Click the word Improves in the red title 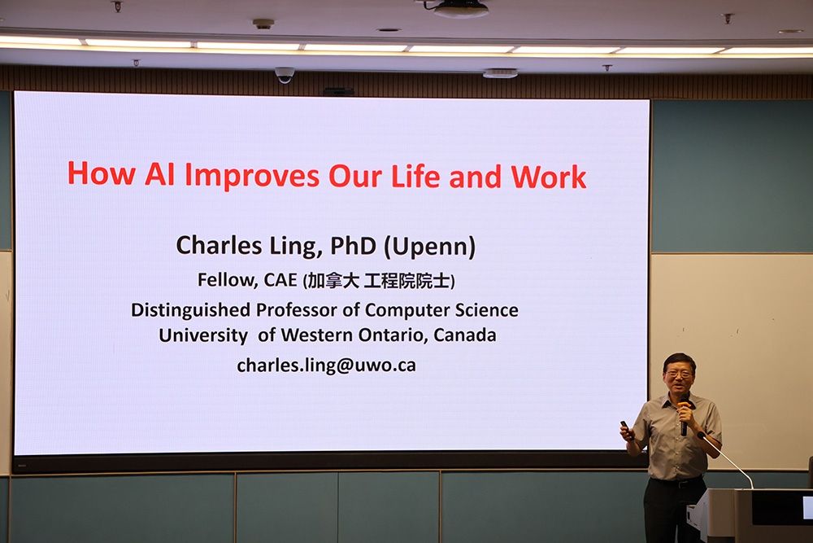tap(252, 176)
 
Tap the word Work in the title tap(549, 177)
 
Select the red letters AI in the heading tap(159, 174)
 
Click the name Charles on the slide tap(219, 245)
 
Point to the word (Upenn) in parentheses tap(429, 247)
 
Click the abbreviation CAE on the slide tap(280, 280)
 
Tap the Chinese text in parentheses tap(379, 281)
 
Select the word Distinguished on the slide tap(190, 310)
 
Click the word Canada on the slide tap(464, 335)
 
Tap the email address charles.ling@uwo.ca tap(326, 366)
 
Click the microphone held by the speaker tap(684, 417)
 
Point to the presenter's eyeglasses tap(678, 373)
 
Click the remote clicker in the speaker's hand tap(624, 426)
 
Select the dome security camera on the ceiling tap(284, 75)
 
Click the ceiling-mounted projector tap(460, 8)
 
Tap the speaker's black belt tap(675, 482)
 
